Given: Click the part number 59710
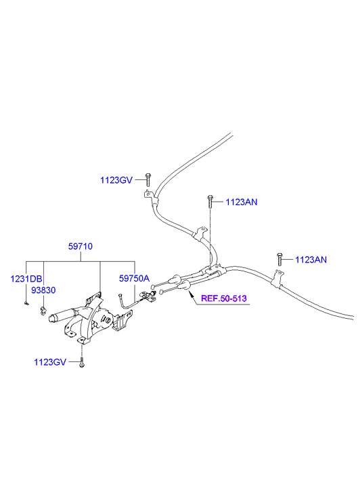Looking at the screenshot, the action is coord(81,246).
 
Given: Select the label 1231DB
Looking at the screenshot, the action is coord(26,279).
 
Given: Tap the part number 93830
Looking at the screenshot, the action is coord(43,290).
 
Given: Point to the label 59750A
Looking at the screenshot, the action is coord(134,278).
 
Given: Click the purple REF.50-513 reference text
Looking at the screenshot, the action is coord(224,298).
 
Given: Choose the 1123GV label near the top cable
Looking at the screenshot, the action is coord(116,180).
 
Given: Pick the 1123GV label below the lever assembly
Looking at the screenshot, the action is coord(50,362).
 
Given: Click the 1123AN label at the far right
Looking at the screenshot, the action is coord(311,260).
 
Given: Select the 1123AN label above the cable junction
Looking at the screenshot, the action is coord(242,202).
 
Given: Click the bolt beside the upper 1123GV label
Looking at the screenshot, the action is coord(148,179).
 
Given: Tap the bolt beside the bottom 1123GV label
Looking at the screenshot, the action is coord(82,362).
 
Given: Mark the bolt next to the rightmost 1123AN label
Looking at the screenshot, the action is coord(279,259).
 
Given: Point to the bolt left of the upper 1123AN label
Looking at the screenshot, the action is coord(210,202).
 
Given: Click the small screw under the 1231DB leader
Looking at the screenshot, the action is coord(26,303).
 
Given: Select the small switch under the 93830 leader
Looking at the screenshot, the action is coord(43,311).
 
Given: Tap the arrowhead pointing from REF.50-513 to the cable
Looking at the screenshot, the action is coord(189,292).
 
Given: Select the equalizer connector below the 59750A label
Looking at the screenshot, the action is coord(149,296).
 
